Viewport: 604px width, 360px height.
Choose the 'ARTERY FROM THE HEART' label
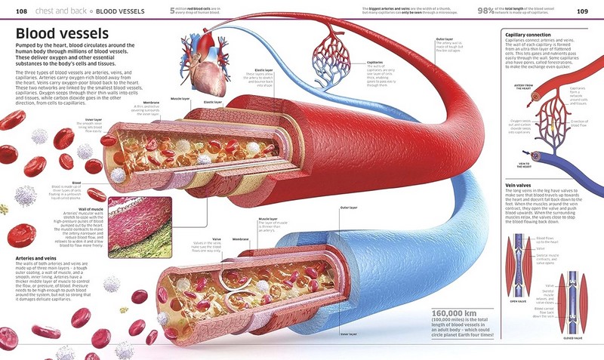(x=523, y=88)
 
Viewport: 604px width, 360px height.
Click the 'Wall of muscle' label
(x=91, y=208)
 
